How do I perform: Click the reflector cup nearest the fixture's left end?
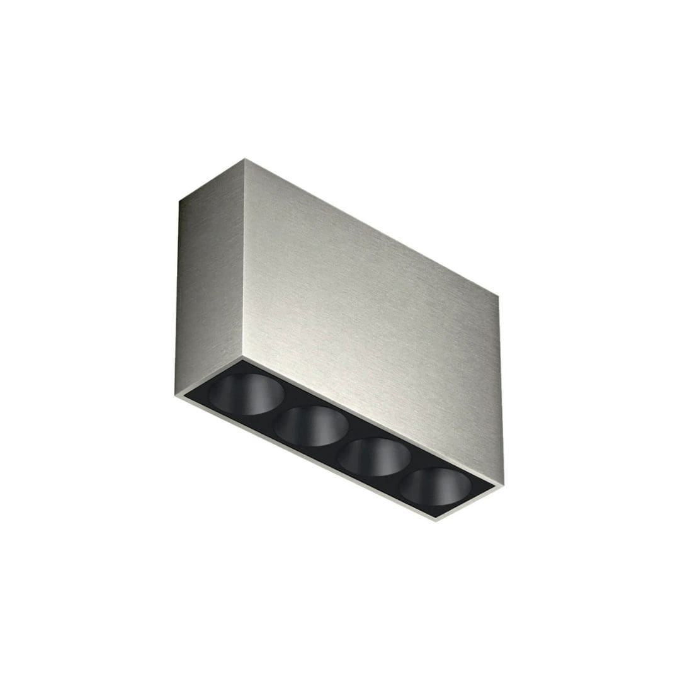click(246, 394)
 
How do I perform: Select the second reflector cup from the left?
click(311, 426)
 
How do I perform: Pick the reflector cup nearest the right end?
click(436, 487)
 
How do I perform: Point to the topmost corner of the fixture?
click(244, 159)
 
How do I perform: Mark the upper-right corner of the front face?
click(499, 296)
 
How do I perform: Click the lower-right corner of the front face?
click(503, 485)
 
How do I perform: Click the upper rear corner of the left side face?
click(179, 201)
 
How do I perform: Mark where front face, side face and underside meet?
click(242, 358)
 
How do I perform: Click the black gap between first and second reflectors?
click(278, 411)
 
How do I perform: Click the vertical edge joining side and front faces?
click(244, 258)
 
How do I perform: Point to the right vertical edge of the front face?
click(501, 390)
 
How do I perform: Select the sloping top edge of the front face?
click(371, 227)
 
